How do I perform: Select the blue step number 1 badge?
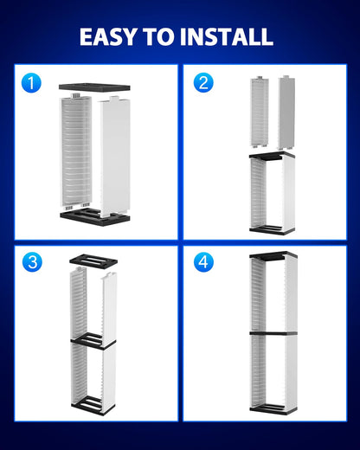pyautogui.click(x=32, y=83)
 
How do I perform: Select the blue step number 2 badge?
pyautogui.click(x=204, y=83)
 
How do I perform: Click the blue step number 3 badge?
pyautogui.click(x=32, y=262)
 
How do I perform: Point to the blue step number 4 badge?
pyautogui.click(x=204, y=262)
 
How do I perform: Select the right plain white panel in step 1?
pyautogui.click(x=115, y=156)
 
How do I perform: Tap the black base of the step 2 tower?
pyautogui.click(x=271, y=231)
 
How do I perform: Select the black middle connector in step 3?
pyautogui.click(x=93, y=342)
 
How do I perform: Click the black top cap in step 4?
pyautogui.click(x=273, y=256)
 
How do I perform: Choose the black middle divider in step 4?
pyautogui.click(x=273, y=332)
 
